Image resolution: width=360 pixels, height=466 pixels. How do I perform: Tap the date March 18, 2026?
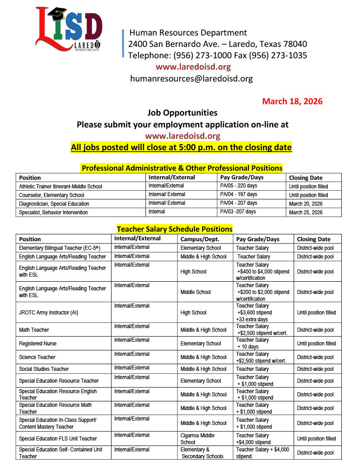click(x=292, y=101)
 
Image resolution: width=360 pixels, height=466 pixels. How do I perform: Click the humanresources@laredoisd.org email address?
click(x=191, y=78)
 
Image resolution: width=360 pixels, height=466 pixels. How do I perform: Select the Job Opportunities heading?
click(x=183, y=112)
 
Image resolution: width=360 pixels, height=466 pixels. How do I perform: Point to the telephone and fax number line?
click(x=218, y=56)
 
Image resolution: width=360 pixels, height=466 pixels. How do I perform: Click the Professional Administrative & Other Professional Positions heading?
click(x=182, y=168)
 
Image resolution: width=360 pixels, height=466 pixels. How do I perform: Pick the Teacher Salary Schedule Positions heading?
click(x=175, y=229)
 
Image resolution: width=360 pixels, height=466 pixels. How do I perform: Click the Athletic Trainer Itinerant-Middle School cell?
click(x=61, y=186)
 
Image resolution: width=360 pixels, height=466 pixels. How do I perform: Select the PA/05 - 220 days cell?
click(x=238, y=186)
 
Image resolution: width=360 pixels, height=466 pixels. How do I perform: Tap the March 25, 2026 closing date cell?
click(x=306, y=212)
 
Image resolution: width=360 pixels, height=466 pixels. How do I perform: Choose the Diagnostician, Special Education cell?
click(x=54, y=203)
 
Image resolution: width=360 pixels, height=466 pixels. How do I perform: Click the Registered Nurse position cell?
click(x=38, y=344)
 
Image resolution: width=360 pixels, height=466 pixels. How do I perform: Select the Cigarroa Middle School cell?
click(x=198, y=439)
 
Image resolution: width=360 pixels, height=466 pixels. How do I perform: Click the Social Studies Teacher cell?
click(x=44, y=369)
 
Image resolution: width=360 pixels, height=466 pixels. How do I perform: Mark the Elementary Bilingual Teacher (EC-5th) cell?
click(x=60, y=248)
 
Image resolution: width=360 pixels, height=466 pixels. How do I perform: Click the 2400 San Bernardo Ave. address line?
click(x=218, y=44)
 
